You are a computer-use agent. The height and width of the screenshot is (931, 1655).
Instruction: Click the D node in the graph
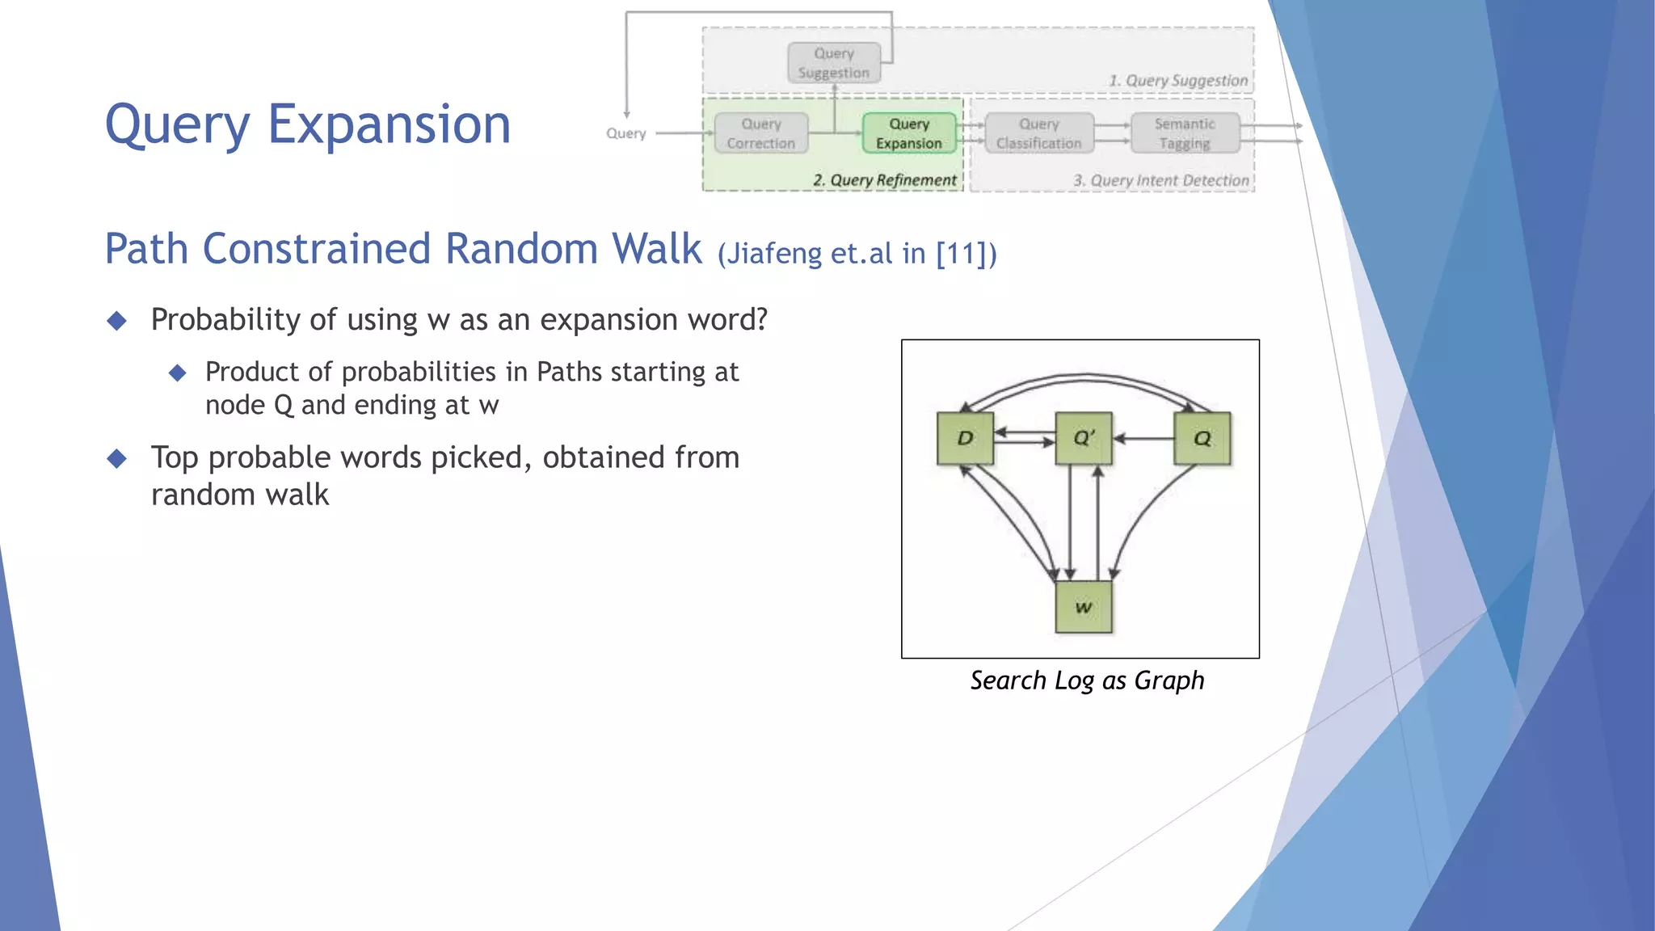(965, 439)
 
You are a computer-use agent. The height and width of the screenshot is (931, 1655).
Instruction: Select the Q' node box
(1083, 439)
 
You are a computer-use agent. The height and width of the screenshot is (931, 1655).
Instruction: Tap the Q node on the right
(1202, 439)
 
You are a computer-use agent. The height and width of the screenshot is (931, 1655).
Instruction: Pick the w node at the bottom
(1083, 607)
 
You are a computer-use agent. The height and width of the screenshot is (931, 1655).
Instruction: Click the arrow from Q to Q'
(1143, 439)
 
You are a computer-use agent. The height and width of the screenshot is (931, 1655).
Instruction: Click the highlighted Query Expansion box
(909, 133)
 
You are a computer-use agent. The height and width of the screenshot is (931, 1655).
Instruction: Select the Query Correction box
(761, 133)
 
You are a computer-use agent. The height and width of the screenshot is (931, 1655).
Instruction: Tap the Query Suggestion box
(834, 63)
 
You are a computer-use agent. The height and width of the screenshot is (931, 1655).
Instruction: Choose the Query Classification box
(1038, 133)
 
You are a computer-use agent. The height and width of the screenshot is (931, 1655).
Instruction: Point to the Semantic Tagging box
(1185, 133)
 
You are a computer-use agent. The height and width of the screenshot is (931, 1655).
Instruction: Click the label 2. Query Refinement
(884, 180)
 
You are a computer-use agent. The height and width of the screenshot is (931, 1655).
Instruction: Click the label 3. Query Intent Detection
(1160, 180)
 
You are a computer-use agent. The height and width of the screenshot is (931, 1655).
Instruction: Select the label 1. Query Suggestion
(1177, 81)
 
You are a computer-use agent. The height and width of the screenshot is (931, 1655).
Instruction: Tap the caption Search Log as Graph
(1087, 680)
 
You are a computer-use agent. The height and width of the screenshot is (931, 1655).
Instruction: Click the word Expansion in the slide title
(389, 125)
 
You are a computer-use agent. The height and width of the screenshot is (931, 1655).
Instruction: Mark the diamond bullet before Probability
(117, 321)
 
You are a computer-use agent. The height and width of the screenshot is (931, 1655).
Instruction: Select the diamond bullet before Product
(178, 373)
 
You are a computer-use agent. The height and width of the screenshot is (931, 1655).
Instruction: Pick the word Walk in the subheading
(656, 249)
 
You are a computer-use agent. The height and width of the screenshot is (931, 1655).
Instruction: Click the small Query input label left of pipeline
(626, 133)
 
